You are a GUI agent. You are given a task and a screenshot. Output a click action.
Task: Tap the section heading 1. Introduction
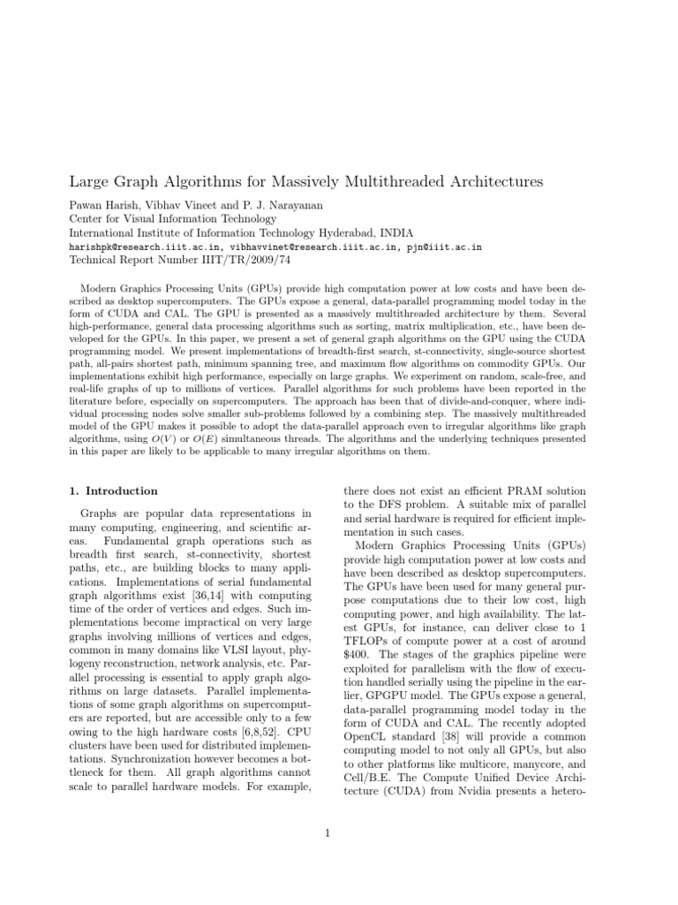pos(113,491)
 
